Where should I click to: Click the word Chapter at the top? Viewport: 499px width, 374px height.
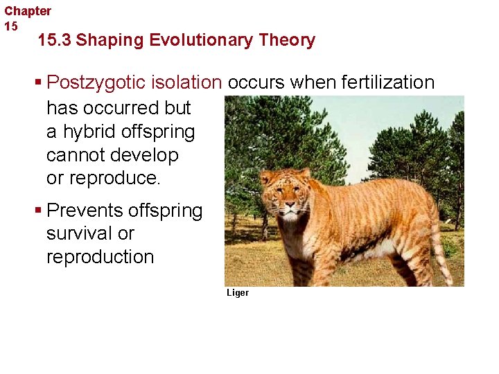(x=28, y=11)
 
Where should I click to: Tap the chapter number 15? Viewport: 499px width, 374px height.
(x=11, y=26)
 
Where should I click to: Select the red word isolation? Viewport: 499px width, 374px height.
(x=188, y=83)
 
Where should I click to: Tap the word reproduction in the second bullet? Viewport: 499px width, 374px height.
(x=100, y=257)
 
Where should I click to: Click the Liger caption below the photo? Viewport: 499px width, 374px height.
(x=237, y=293)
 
